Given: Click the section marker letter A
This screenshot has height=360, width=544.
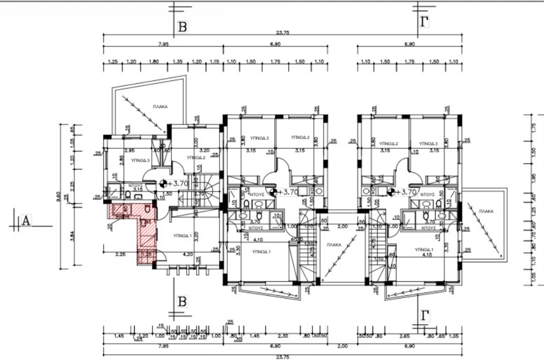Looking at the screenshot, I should coord(25,221).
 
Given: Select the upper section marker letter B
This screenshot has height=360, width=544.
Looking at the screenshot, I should coord(182,27).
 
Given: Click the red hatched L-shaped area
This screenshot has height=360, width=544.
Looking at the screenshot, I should coord(147,229).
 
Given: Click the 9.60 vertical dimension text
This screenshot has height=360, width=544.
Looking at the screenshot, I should coord(59,198).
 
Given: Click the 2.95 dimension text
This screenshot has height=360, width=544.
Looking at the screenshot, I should coord(129,151).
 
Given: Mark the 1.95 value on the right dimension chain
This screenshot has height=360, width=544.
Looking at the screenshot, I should coord(532,177).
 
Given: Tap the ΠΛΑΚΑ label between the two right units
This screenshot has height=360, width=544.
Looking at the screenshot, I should coord(335,244).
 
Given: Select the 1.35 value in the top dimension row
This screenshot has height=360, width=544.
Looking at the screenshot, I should coord(178,62).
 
